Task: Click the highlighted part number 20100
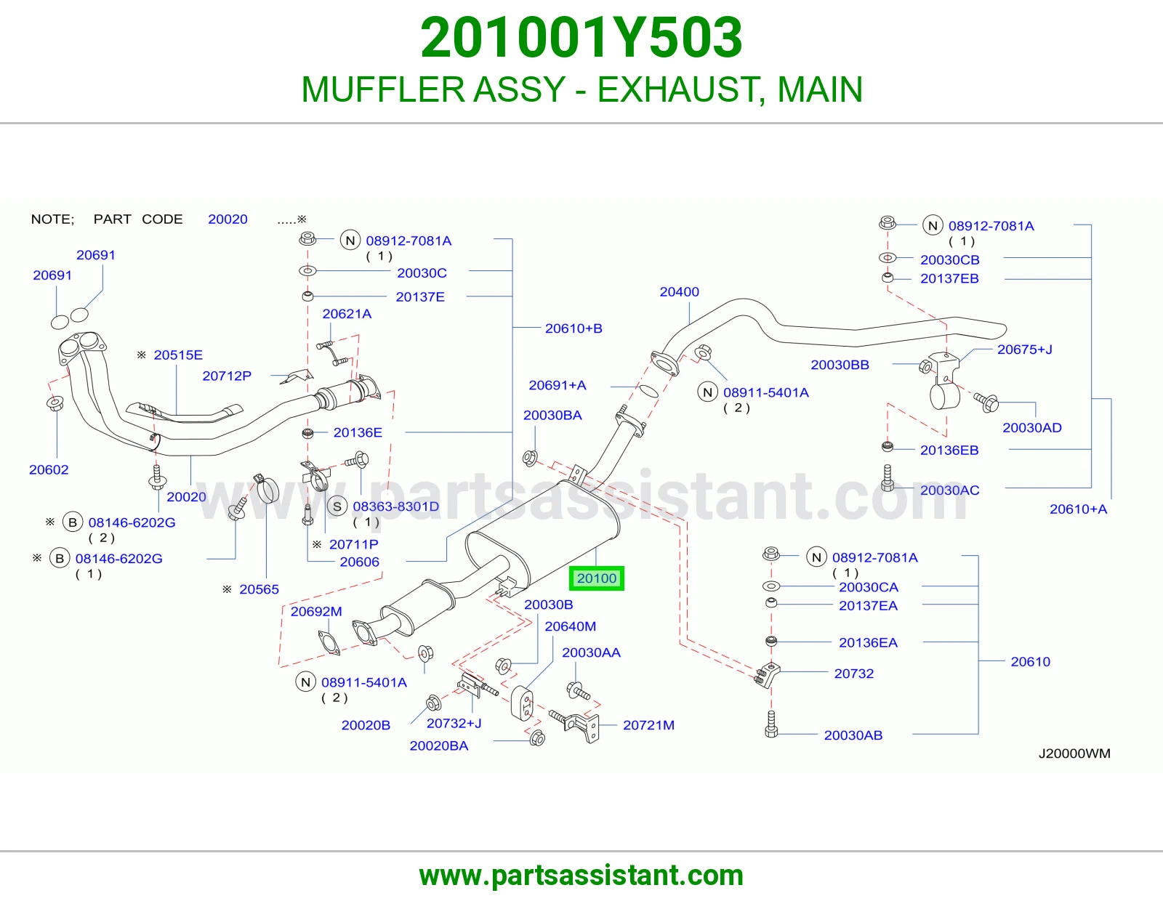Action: coord(596,578)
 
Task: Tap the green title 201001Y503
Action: coord(581,38)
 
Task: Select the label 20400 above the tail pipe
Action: coord(679,291)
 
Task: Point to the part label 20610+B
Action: coord(574,328)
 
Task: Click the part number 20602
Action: coord(49,469)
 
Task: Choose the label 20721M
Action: coord(648,725)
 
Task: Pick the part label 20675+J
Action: coord(1024,350)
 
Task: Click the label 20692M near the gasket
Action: coord(316,611)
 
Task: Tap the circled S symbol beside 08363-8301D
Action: coord(337,506)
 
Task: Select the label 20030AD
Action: coord(1032,427)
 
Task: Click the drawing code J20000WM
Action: coord(1074,753)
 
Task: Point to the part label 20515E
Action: coord(178,355)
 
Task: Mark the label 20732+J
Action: coord(454,723)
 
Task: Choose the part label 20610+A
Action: coord(1078,509)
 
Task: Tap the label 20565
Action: coord(259,589)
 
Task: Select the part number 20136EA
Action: coord(868,642)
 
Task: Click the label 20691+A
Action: coord(557,384)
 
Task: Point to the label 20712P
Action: coord(227,376)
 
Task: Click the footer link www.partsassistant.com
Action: coord(581,876)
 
